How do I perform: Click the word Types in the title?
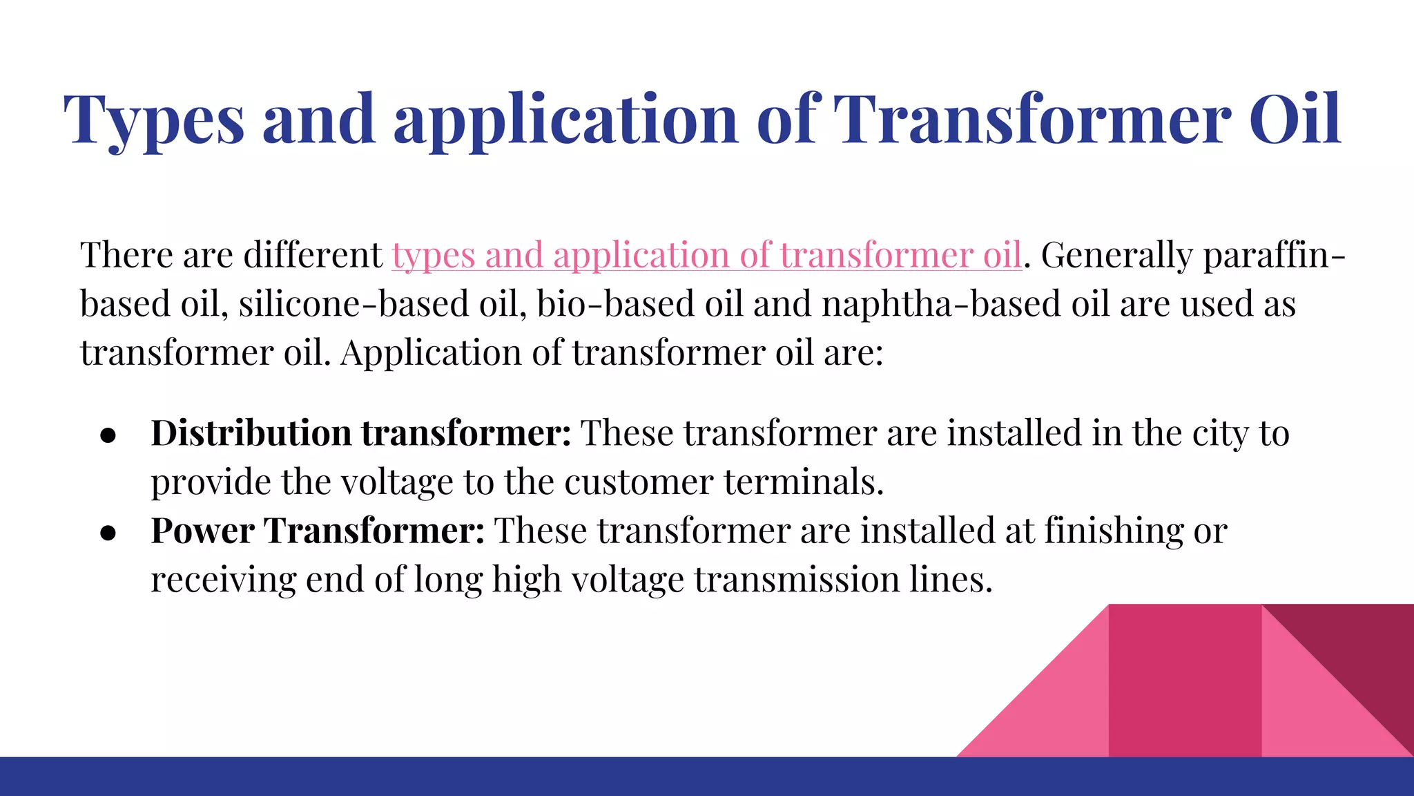tap(153, 120)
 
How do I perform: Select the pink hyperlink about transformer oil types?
tap(706, 255)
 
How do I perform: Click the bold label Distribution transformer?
tap(360, 434)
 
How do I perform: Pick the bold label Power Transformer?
tap(318, 531)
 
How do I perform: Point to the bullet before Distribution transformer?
tap(108, 435)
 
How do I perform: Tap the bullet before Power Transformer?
tap(108, 533)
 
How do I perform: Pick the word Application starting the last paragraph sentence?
tap(431, 353)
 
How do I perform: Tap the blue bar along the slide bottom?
tap(707, 777)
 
